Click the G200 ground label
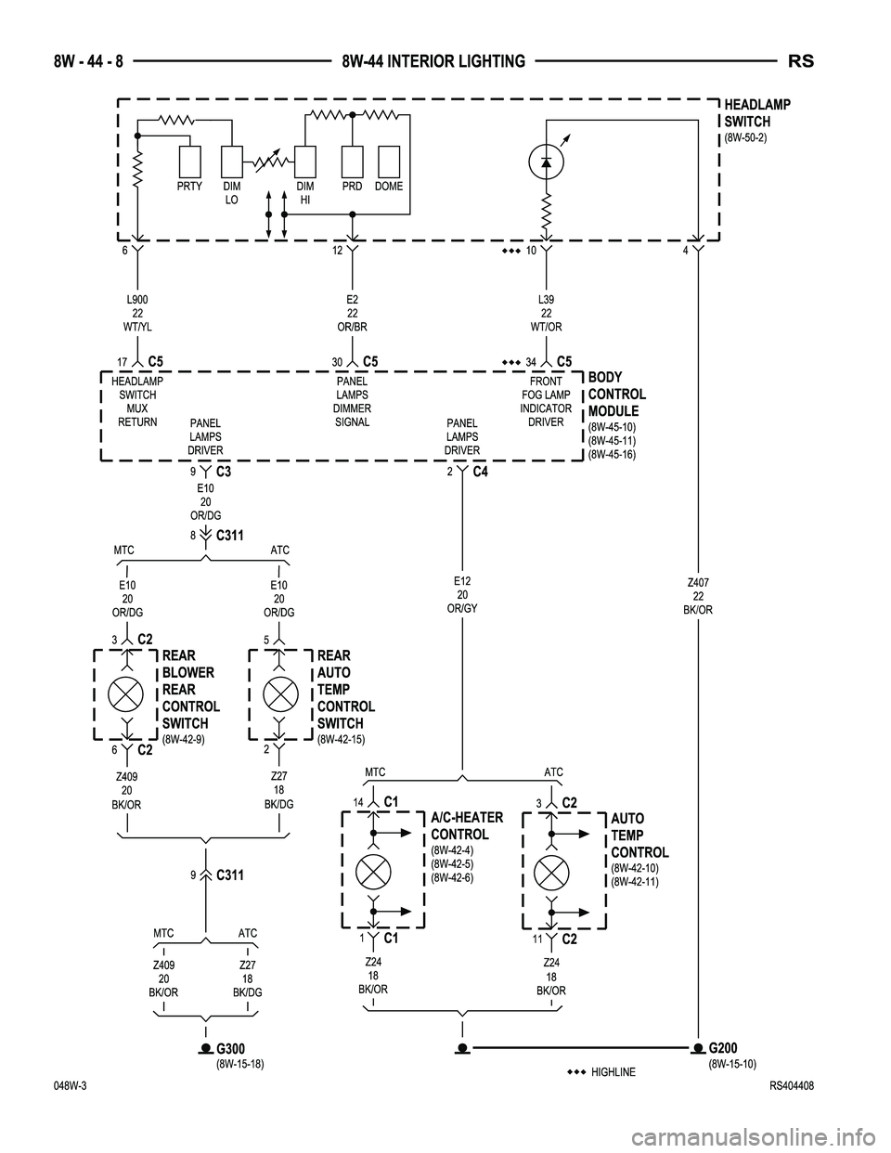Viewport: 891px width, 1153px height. coord(728,1047)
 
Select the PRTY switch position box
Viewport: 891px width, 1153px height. coord(190,162)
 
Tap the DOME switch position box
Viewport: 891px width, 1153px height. coord(389,162)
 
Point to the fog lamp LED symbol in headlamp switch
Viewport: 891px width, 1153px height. coord(546,162)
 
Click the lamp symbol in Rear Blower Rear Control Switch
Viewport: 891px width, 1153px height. coord(125,693)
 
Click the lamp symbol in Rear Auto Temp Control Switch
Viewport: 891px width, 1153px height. coord(280,693)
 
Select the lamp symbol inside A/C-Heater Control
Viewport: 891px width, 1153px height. coord(372,872)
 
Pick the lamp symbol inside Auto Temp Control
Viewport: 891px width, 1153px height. coord(551,872)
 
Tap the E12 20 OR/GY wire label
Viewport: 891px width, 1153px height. coord(462,594)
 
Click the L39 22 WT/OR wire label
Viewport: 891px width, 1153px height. coord(546,313)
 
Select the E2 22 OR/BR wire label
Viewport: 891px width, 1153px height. coord(352,313)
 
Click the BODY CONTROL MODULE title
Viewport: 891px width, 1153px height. coord(617,394)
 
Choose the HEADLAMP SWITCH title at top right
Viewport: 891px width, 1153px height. coord(756,113)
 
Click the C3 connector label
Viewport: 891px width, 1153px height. coord(222,472)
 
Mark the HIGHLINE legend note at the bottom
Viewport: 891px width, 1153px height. coord(612,1072)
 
